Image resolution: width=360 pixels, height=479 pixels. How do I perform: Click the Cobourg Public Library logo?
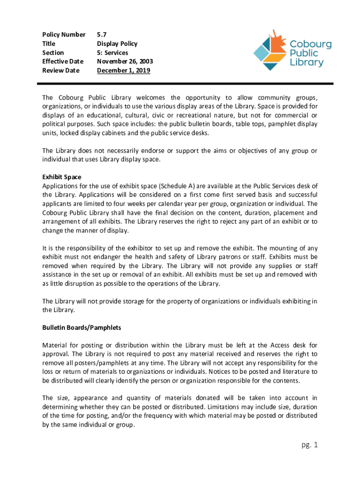pos(292,49)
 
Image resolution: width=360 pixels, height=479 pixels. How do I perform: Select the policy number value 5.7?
pos(101,34)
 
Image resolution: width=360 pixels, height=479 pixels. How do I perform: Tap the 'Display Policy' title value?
pos(117,44)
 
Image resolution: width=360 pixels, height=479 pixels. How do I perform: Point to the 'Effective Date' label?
pos(63,61)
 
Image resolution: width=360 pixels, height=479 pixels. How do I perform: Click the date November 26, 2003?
pos(125,61)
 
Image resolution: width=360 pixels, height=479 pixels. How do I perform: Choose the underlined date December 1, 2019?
pos(123,71)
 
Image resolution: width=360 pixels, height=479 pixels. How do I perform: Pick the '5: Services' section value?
pos(112,52)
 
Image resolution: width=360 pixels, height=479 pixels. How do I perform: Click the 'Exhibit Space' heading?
pos(62,177)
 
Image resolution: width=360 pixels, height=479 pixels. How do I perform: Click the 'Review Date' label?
pos(61,71)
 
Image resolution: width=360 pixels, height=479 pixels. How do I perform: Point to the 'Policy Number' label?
pos(64,34)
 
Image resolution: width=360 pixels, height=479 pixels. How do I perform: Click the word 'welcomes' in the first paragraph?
pos(151,98)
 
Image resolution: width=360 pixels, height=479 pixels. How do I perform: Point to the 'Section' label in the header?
pos(53,52)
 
